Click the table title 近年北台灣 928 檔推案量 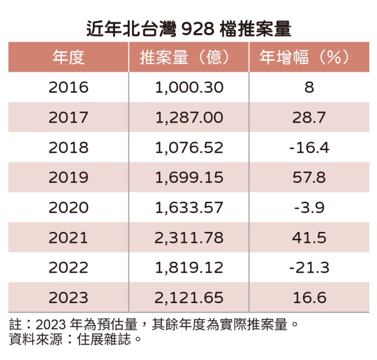pos(188,28)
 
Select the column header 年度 pos(68,57)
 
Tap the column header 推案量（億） pos(188,57)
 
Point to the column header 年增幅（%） pos(309,57)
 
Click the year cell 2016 pos(68,87)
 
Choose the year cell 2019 pos(68,177)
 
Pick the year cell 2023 pos(68,298)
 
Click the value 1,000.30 pos(189,87)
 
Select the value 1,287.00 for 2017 pos(189,118)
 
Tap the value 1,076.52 pos(189,147)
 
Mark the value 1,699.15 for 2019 pos(189,177)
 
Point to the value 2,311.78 pos(189,237)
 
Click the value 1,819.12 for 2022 pos(189,268)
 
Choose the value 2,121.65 pos(189,298)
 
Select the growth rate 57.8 pos(309,177)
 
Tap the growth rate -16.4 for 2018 pos(309,147)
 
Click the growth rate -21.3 pos(309,268)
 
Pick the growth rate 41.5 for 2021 pos(309,237)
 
